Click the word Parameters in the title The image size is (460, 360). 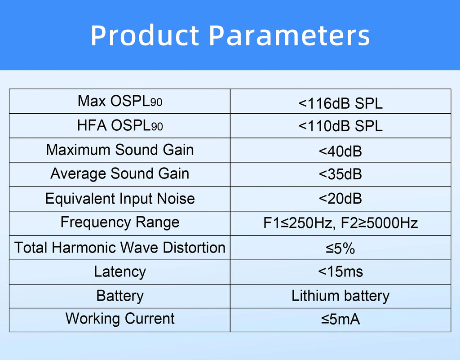click(x=290, y=36)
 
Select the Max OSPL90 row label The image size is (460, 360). click(x=119, y=101)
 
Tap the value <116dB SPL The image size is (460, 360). click(x=341, y=104)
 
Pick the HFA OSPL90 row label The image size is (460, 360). click(x=119, y=125)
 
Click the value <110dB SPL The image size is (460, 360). click(x=341, y=126)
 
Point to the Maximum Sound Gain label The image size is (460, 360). click(x=119, y=150)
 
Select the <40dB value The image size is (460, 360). click(x=341, y=151)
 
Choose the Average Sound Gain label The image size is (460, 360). click(x=119, y=174)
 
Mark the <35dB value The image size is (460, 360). click(x=341, y=174)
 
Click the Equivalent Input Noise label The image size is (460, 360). click(x=119, y=199)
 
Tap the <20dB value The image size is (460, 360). click(x=341, y=199)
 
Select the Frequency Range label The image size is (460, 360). click(x=119, y=222)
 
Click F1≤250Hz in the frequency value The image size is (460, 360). click(x=298, y=223)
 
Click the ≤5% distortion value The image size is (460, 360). click(x=341, y=248)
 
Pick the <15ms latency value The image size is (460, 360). click(x=341, y=271)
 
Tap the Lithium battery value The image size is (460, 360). click(x=341, y=296)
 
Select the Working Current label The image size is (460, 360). click(x=119, y=319)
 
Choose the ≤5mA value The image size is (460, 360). click(x=341, y=320)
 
